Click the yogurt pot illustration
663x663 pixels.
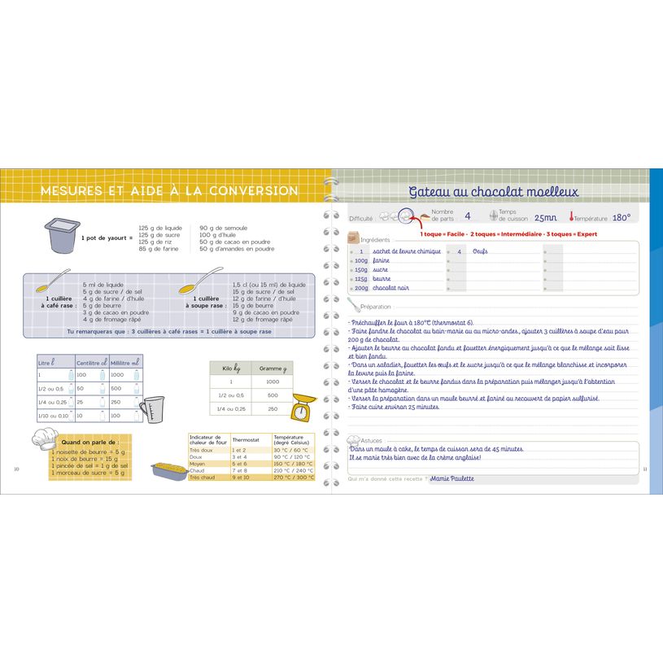[59, 236]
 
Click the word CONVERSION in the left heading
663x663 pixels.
[252, 190]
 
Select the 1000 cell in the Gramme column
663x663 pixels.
[273, 381]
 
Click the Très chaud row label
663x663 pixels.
[201, 478]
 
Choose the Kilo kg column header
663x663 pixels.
[230, 368]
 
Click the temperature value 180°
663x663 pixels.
[621, 217]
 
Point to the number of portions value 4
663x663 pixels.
[467, 216]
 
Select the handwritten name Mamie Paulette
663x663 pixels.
[451, 479]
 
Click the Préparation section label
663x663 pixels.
[376, 307]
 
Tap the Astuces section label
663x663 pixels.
[370, 440]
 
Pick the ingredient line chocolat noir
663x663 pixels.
[391, 288]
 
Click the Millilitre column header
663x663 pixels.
[125, 361]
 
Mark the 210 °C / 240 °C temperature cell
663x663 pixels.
[293, 470]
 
